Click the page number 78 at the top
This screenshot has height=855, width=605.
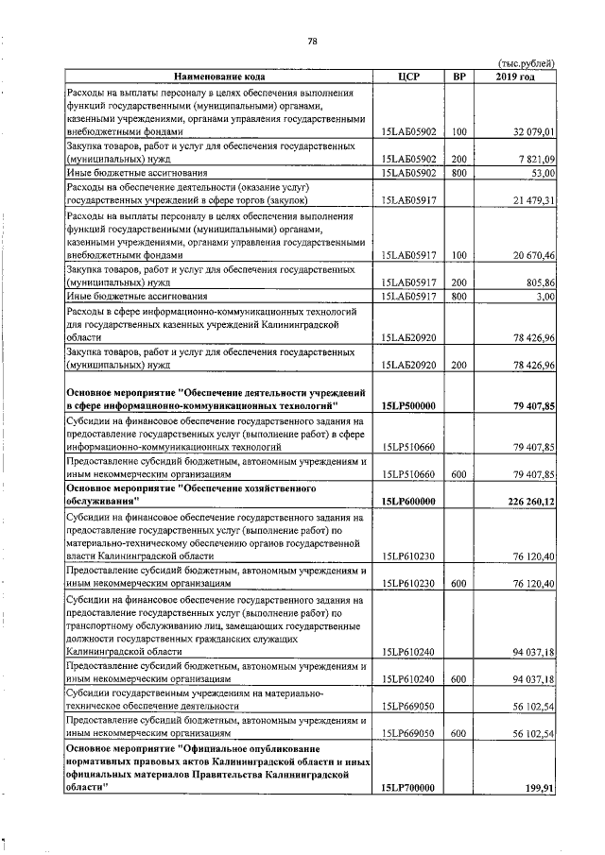click(x=312, y=41)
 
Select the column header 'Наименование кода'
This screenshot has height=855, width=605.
click(x=219, y=76)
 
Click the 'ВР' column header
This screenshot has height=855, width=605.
click(x=459, y=76)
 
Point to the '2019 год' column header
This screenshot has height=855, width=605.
click(x=515, y=76)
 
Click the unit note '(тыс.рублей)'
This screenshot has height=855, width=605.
click(x=526, y=63)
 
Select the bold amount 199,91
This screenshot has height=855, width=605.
click(x=538, y=787)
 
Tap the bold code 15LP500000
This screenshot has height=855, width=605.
click(x=408, y=405)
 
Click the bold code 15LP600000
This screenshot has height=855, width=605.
click(x=408, y=501)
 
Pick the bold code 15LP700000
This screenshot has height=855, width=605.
click(x=408, y=787)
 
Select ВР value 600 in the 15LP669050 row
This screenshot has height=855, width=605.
click(x=459, y=732)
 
